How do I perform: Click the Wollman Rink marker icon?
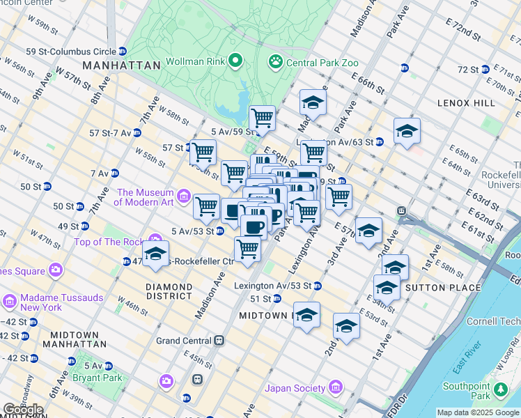pyautogui.click(x=235, y=61)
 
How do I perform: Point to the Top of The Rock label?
pyautogui.click(x=108, y=242)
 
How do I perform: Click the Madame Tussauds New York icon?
pyautogui.click(x=10, y=302)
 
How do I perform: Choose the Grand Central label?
pyautogui.click(x=183, y=341)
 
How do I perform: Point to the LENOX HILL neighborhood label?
pyautogui.click(x=466, y=103)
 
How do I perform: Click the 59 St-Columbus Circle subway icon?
pyautogui.click(x=122, y=51)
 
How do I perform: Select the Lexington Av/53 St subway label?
pyautogui.click(x=277, y=286)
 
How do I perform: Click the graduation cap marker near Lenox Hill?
pyautogui.click(x=407, y=131)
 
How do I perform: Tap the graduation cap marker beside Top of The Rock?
pyautogui.click(x=155, y=254)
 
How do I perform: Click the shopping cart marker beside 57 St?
pyautogui.click(x=203, y=151)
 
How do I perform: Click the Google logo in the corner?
pyautogui.click(x=23, y=410)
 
